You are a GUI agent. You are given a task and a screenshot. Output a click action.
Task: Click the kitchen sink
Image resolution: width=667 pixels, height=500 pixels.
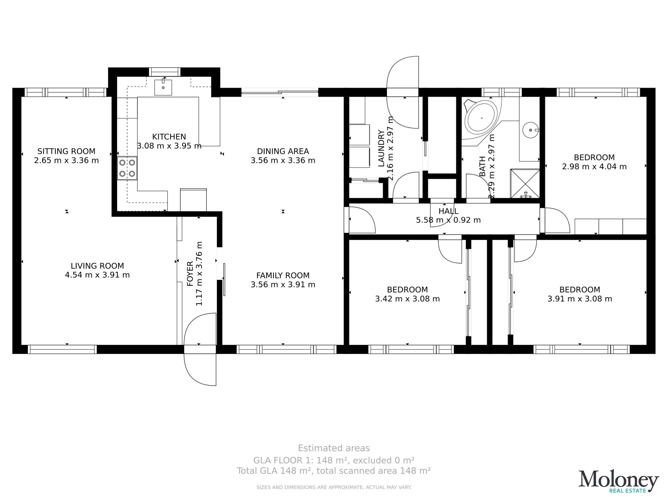(163, 87)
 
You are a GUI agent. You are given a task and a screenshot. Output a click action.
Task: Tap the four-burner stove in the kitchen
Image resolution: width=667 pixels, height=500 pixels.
(127, 168)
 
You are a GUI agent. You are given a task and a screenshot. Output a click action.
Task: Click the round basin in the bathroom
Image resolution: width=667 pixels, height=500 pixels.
(530, 130)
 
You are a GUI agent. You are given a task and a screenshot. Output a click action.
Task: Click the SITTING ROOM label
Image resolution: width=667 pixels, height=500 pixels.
(66, 151)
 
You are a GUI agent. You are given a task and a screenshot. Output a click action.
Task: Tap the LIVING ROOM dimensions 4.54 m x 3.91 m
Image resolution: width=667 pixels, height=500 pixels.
(97, 275)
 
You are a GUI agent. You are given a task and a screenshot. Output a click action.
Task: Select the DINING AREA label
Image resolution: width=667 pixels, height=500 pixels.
(283, 151)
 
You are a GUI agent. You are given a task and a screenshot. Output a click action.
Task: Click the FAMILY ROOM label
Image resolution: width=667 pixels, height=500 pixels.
(283, 276)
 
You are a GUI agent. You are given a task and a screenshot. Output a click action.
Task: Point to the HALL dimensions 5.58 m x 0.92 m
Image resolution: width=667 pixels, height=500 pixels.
(448, 220)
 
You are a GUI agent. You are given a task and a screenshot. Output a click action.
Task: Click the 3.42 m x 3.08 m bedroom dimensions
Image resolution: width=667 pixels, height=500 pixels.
(407, 299)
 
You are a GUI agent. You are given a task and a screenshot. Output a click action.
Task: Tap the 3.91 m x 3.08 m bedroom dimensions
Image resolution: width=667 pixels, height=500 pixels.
(580, 299)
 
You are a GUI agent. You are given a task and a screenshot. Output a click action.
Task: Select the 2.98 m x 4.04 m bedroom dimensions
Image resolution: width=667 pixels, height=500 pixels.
(594, 166)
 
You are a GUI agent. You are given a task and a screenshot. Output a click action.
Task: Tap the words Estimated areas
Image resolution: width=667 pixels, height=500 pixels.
(334, 448)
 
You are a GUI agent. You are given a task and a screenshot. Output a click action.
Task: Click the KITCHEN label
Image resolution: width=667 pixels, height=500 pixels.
(169, 137)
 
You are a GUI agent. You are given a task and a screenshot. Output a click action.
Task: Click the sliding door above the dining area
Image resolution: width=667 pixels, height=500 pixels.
(280, 92)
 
